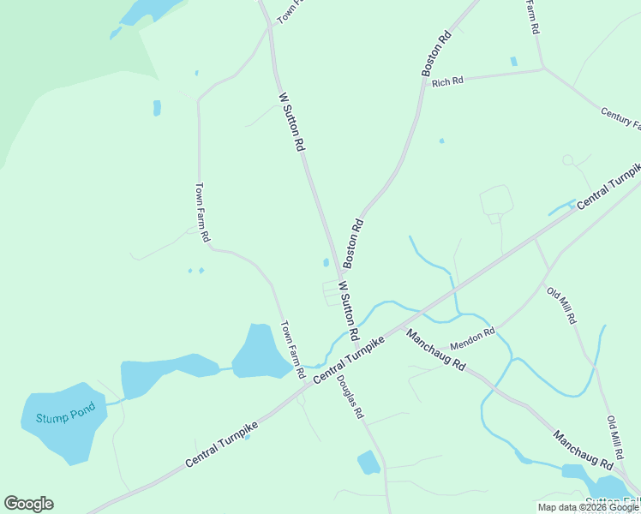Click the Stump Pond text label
click(x=60, y=417)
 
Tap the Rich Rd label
click(x=447, y=82)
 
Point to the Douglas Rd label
click(x=350, y=397)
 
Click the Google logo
click(x=28, y=504)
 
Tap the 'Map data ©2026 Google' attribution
click(x=589, y=507)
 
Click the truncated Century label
click(x=620, y=118)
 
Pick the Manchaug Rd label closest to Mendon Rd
click(x=435, y=349)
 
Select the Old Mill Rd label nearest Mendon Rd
click(x=561, y=305)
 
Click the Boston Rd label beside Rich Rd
click(x=436, y=54)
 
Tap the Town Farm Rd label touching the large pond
click(x=293, y=350)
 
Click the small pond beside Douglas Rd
click(x=368, y=463)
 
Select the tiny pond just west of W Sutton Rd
click(x=326, y=262)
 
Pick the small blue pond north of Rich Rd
click(x=513, y=62)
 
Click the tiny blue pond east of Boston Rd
click(x=441, y=140)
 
